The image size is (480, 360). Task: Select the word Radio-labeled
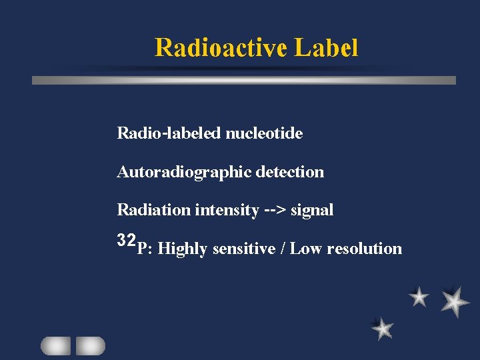click(169, 133)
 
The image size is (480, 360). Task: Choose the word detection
click(291, 172)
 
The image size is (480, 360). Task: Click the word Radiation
click(154, 210)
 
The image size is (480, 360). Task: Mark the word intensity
click(227, 210)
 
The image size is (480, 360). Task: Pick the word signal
click(312, 210)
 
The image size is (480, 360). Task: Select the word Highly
click(183, 249)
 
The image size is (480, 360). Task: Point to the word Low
click(306, 249)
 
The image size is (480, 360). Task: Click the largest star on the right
click(455, 301)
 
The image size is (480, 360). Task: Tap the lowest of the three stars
click(383, 328)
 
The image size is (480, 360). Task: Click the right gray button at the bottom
click(90, 345)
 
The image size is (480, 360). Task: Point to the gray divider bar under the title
click(244, 80)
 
